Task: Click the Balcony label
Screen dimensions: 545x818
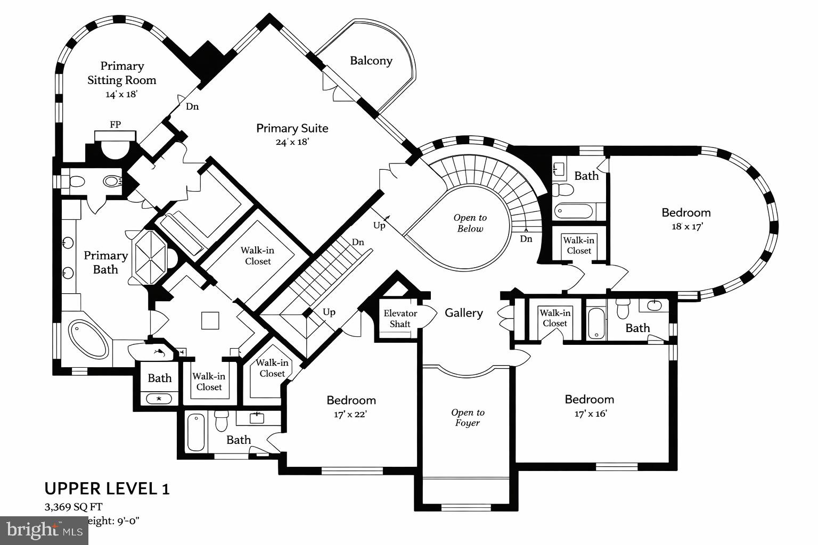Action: (x=371, y=61)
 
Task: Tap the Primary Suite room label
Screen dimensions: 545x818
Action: (x=292, y=128)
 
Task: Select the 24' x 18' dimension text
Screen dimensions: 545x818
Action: (x=292, y=142)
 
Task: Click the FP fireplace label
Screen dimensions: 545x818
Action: (x=115, y=125)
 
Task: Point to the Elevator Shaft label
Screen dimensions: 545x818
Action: (x=400, y=318)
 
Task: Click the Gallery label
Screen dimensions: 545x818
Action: (x=463, y=313)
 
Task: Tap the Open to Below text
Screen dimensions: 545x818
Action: (x=470, y=223)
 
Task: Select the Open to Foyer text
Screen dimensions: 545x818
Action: (x=467, y=417)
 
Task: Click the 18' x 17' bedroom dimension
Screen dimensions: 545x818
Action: (x=686, y=226)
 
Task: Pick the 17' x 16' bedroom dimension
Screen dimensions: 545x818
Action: (x=590, y=414)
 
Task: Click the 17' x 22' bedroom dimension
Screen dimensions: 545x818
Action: (x=351, y=414)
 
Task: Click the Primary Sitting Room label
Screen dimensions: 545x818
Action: (x=122, y=73)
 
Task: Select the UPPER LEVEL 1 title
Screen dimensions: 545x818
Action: (x=107, y=489)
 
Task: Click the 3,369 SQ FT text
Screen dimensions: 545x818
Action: (x=73, y=507)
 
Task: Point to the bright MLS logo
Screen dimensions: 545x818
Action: (x=44, y=530)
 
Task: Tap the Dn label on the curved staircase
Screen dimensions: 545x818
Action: (x=526, y=239)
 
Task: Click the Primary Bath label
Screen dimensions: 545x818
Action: (x=105, y=262)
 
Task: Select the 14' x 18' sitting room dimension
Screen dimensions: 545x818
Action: (x=122, y=95)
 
